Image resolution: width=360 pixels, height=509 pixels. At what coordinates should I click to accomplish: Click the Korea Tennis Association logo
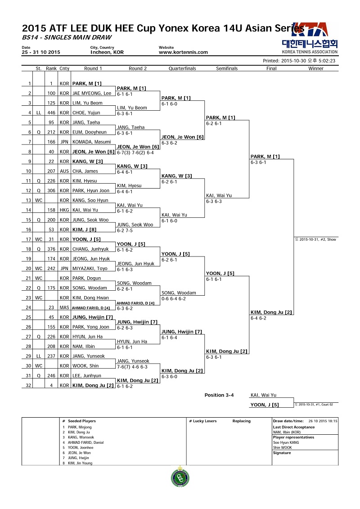point(310,38)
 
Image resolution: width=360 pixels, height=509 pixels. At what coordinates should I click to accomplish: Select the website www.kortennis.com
point(183,52)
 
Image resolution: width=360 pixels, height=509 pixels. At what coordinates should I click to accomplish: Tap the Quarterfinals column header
point(182,68)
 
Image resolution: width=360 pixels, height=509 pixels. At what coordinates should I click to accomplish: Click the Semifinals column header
point(227,68)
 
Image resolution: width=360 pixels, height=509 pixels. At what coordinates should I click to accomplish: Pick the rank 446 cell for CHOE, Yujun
point(51,113)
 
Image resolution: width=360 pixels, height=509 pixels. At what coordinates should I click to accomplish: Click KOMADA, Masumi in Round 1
point(91,142)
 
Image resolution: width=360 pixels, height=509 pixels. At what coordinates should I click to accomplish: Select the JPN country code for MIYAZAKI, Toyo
point(64,269)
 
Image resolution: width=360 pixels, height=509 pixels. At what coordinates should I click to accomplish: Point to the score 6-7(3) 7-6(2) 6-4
point(135,153)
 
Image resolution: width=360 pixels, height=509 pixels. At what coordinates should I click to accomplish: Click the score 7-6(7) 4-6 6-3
point(132,367)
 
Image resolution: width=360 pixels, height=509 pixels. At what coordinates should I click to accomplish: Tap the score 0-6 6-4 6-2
point(174,299)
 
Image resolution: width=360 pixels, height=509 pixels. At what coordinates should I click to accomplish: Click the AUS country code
point(64,171)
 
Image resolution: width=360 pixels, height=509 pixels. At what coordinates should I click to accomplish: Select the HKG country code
point(64,210)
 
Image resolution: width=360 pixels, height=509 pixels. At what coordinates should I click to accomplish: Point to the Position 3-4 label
point(219,395)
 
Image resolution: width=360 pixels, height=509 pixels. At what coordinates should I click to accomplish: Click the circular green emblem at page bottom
point(180,477)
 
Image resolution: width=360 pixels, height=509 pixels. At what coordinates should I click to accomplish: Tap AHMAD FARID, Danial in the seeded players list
point(85,442)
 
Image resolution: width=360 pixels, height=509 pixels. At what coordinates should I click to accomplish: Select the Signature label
point(282,453)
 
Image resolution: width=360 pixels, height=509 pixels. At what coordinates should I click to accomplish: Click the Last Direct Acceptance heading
point(294,427)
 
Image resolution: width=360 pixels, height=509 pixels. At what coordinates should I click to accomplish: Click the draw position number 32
point(28,385)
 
